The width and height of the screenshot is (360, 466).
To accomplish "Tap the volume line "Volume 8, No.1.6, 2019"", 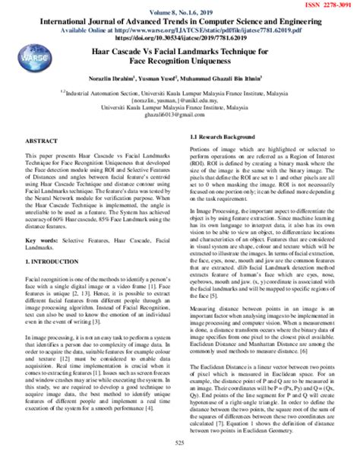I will pos(179,13).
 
